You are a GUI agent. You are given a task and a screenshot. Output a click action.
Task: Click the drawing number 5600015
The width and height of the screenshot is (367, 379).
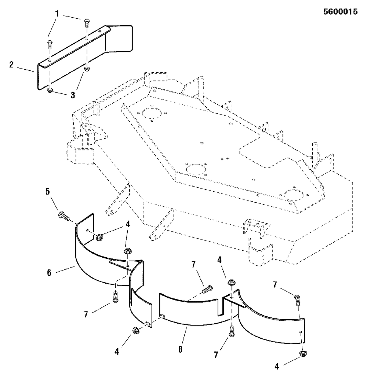[340, 12]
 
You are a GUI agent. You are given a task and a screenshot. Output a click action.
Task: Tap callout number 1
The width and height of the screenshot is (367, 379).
[57, 14]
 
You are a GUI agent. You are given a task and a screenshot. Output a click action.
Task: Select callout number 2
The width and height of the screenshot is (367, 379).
[11, 65]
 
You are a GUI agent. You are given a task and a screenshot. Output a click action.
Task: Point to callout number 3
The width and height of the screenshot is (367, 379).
[73, 95]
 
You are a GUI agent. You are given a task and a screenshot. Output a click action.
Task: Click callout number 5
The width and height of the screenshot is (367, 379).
[47, 191]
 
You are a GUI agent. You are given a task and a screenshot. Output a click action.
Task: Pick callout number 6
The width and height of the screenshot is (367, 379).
[49, 273]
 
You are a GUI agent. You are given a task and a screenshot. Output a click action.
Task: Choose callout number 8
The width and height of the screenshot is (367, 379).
[180, 349]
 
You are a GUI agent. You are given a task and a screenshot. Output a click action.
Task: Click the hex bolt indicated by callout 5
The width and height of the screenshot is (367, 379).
[64, 216]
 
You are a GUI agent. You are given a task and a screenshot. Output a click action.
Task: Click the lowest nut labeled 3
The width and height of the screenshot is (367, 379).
[50, 91]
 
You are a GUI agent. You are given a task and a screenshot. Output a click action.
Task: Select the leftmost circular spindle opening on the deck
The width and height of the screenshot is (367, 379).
[152, 113]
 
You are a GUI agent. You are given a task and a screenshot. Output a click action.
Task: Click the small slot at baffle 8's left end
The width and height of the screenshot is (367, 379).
[163, 315]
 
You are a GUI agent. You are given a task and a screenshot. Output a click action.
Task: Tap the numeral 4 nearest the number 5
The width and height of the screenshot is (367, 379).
[128, 224]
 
